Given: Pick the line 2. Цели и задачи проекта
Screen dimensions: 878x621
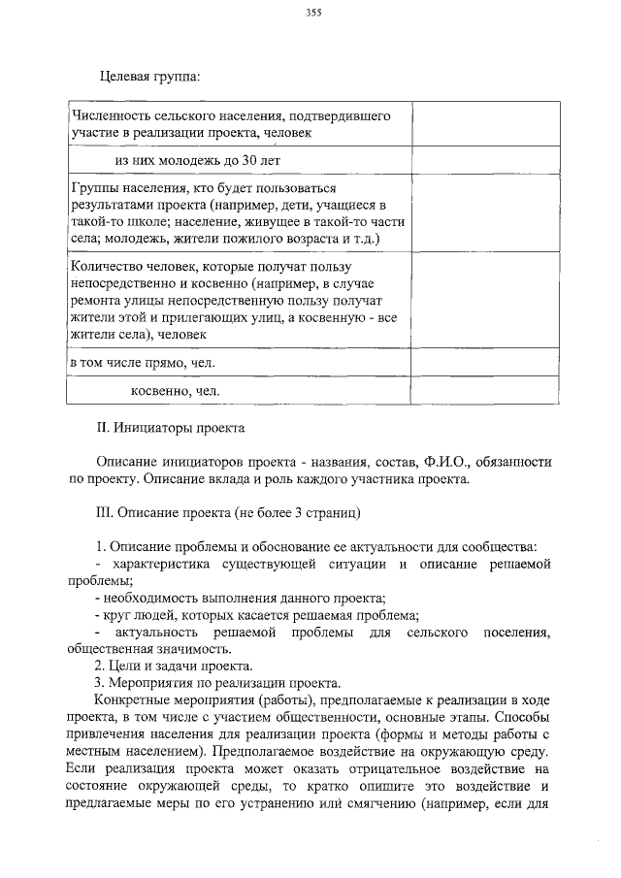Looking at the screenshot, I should pyautogui.click(x=174, y=666).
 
